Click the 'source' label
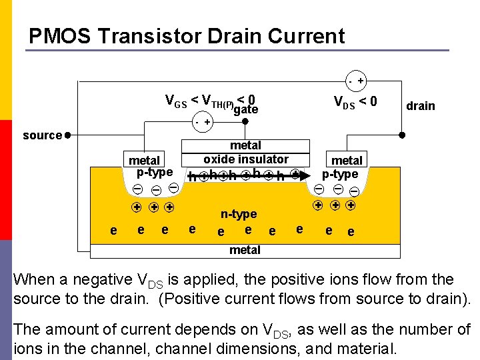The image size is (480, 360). [x=42, y=135]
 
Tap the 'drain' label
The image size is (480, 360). [x=420, y=105]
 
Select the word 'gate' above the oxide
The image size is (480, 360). [x=246, y=109]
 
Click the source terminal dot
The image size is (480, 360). [x=68, y=135]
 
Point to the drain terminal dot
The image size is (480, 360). [x=401, y=135]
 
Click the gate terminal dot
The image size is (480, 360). [x=246, y=122]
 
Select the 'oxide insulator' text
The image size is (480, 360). [x=246, y=159]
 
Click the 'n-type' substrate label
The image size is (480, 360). [x=239, y=214]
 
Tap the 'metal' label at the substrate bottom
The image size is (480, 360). [x=245, y=250]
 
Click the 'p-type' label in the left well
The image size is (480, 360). [x=154, y=172]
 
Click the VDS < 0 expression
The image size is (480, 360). [x=355, y=101]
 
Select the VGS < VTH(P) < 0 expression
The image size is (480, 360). [x=210, y=100]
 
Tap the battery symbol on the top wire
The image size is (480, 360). [x=356, y=81]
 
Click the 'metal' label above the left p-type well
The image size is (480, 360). [x=144, y=160]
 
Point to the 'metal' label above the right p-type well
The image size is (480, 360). [x=347, y=160]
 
